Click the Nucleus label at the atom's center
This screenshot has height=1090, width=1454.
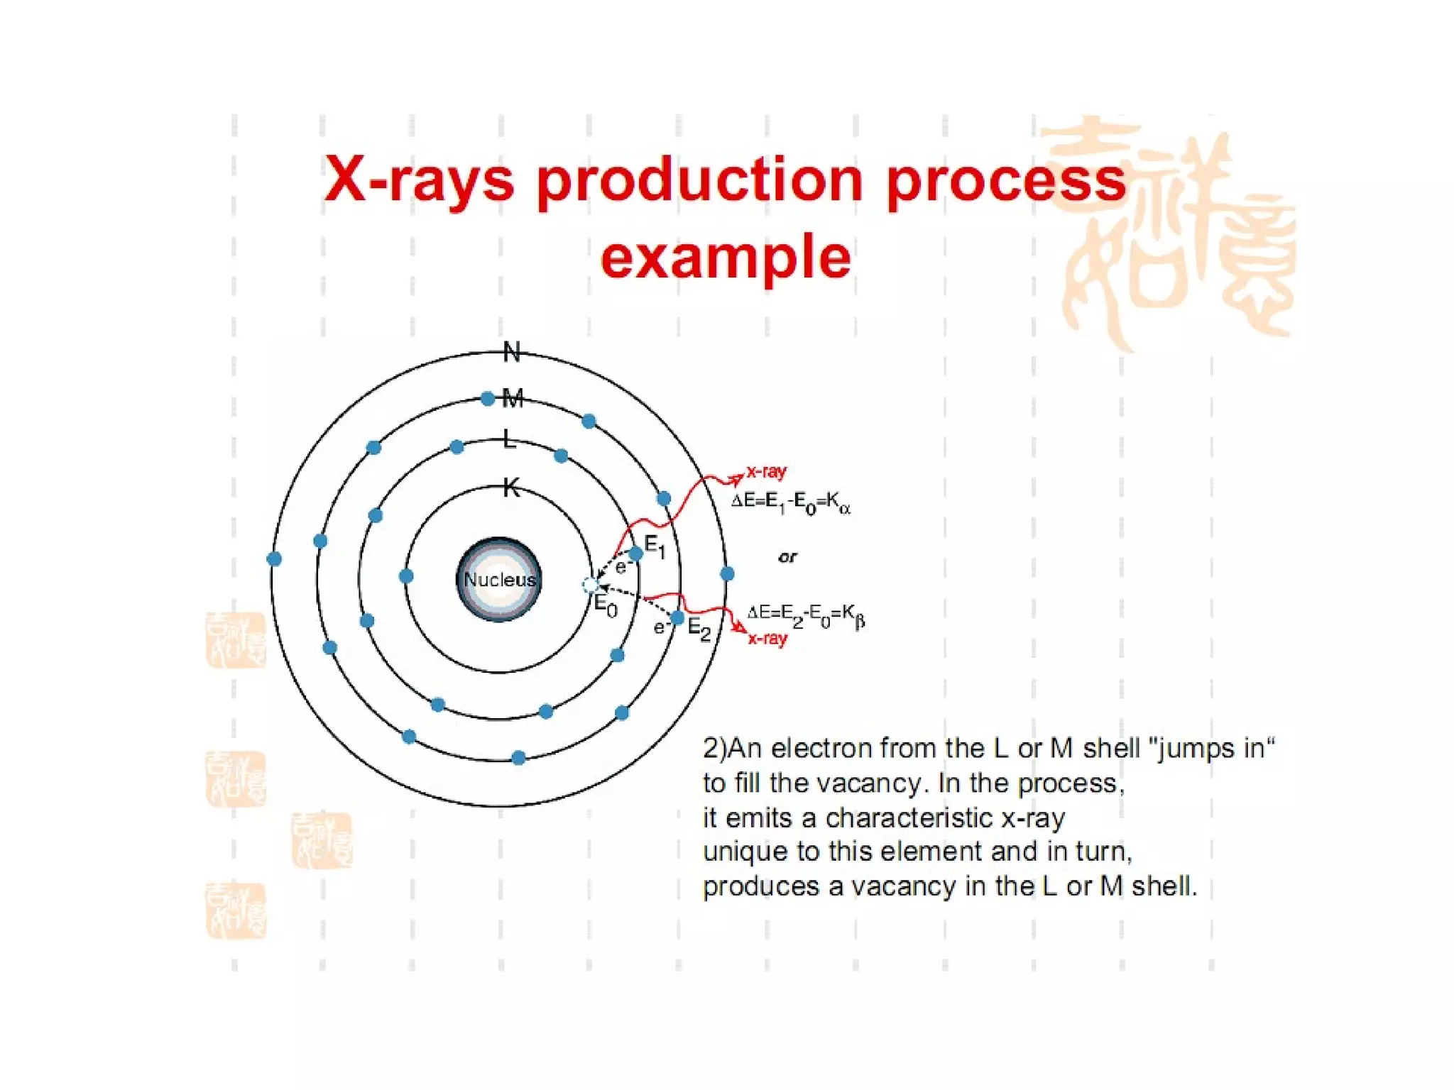499,580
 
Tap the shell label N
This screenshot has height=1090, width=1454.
512,352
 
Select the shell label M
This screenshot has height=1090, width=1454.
513,398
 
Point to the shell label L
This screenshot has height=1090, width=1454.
509,439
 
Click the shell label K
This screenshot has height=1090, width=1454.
511,488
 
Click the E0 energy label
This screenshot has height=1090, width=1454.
606,605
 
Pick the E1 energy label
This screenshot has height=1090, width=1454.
655,546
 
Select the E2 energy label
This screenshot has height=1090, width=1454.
699,629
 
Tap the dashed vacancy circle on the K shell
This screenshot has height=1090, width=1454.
590,585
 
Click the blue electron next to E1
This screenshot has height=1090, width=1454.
636,554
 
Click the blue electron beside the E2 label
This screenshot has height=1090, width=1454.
677,619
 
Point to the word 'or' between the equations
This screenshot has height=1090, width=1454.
787,557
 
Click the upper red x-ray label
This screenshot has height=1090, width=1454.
766,471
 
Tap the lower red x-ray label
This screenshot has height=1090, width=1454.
767,639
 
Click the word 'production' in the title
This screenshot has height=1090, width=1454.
699,180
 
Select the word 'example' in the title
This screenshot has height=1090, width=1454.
726,257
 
